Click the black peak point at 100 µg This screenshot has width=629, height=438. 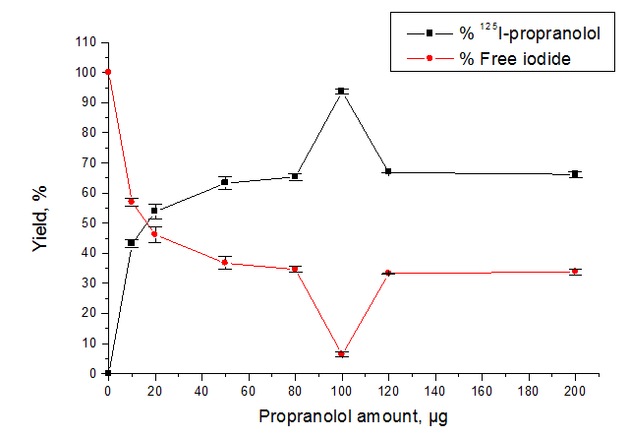(341, 91)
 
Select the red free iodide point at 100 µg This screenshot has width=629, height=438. (341, 353)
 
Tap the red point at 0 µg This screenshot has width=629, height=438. (108, 72)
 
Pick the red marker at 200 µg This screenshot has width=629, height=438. (575, 271)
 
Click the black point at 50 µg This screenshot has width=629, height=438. (225, 182)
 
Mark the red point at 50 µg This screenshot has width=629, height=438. (225, 263)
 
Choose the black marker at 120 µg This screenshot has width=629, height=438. (388, 172)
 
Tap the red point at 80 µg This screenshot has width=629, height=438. (295, 269)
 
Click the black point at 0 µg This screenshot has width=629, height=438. (108, 373)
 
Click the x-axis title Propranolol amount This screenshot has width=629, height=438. (352, 416)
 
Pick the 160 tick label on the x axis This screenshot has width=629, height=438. (482, 390)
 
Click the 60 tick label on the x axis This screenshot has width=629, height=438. (248, 390)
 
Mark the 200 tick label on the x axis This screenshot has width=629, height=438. (575, 390)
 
